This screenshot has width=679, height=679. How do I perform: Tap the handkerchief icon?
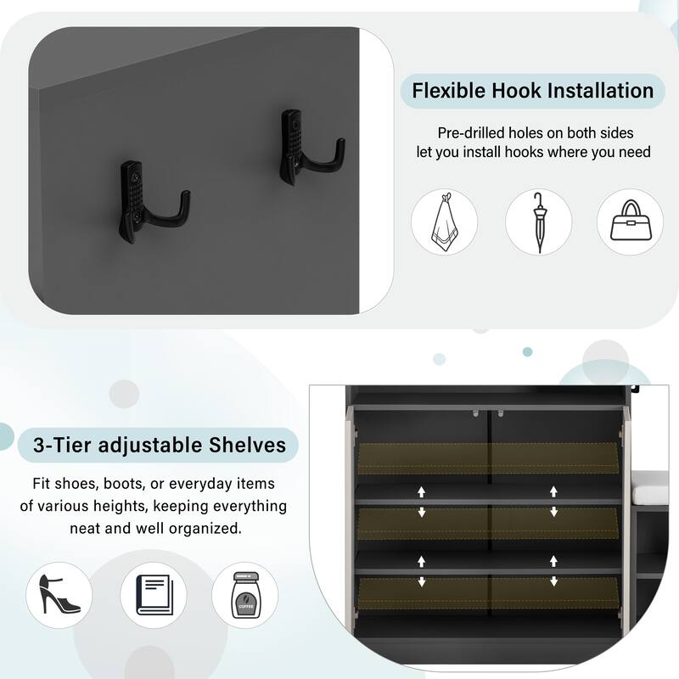tap(444, 222)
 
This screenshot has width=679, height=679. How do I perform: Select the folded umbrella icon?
tap(538, 222)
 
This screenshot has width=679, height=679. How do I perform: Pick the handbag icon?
tap(630, 222)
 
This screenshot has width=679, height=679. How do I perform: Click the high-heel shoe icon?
tap(59, 595)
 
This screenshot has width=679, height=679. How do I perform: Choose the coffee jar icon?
tap(244, 595)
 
